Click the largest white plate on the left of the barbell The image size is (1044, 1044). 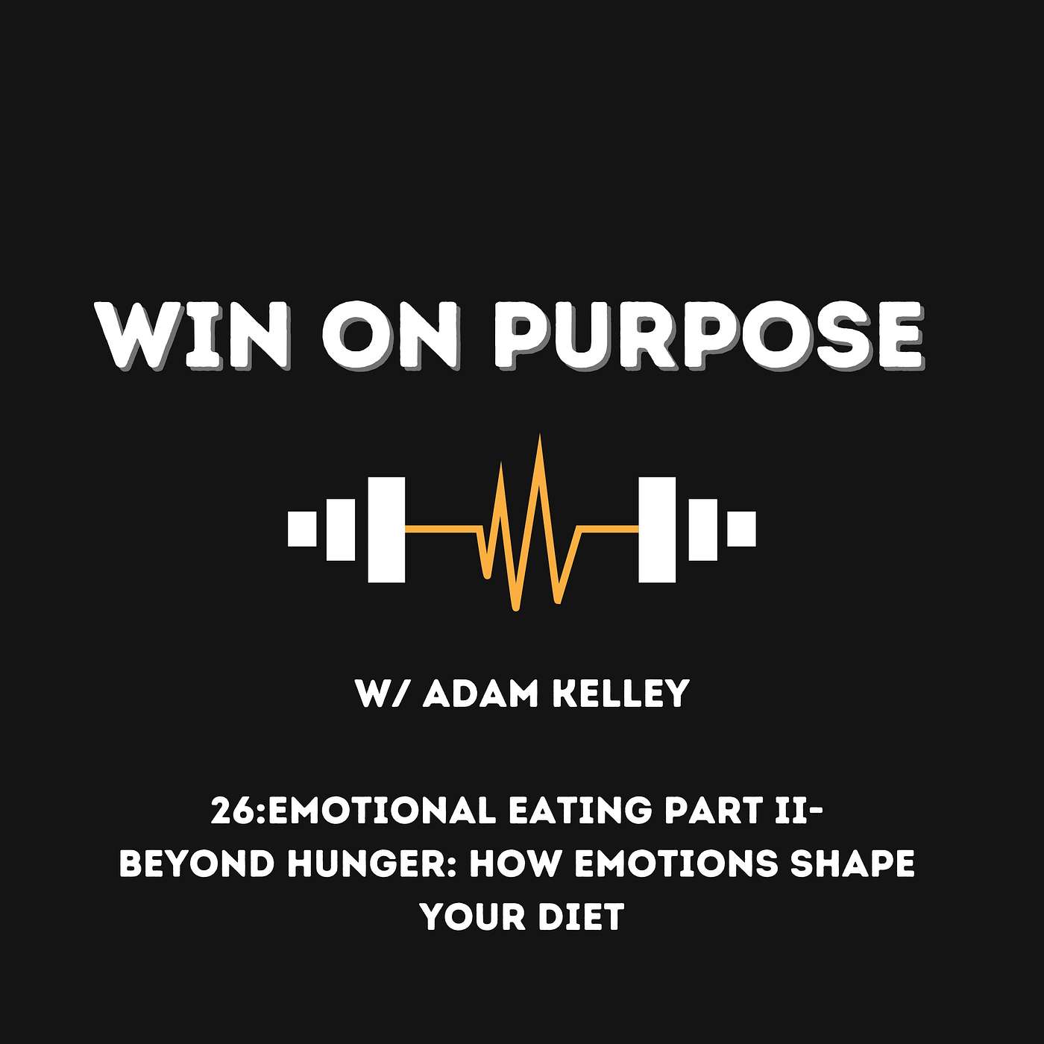386,529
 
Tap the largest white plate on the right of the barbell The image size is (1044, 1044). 657,529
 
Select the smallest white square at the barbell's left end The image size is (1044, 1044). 302,529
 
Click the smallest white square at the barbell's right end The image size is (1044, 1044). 741,529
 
